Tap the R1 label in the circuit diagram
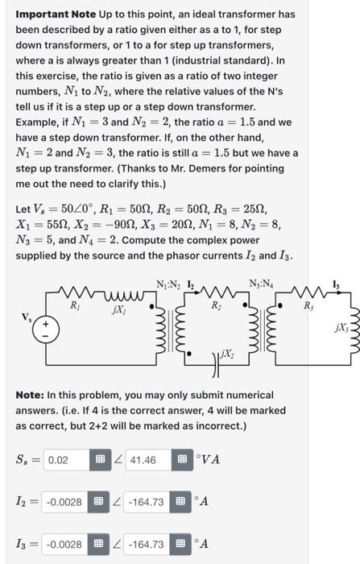pos(75,306)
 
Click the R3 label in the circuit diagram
pos(310,306)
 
